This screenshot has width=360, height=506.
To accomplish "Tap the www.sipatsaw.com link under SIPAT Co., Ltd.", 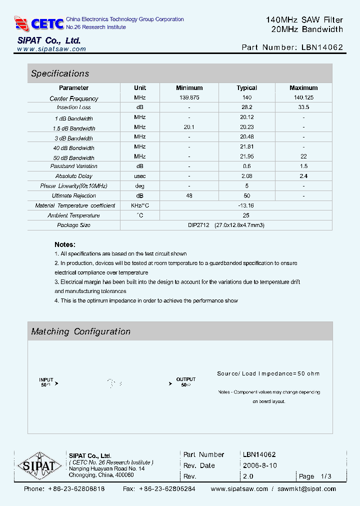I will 51,49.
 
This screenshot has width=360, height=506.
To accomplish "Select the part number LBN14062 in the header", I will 322,47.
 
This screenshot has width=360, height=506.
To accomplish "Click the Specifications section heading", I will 60,73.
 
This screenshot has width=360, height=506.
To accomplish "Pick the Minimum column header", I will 189,88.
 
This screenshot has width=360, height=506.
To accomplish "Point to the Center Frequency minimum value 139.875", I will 189,98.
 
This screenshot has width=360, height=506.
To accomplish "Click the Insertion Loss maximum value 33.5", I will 303,107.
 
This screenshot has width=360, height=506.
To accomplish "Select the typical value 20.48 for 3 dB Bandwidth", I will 246,137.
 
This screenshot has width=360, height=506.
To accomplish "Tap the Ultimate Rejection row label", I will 74,196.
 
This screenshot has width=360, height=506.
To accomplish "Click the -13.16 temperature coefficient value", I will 246,205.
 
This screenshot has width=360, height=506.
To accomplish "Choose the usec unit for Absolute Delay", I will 140,176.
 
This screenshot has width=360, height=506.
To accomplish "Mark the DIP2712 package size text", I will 198,225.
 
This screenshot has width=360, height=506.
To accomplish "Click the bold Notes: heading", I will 65,244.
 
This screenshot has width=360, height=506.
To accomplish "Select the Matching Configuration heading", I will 80,331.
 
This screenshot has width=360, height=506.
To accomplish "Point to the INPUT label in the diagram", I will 46,379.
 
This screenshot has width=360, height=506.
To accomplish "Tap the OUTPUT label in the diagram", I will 186,379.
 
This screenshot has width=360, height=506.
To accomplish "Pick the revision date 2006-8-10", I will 259,465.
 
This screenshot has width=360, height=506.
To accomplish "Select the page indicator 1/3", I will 326,476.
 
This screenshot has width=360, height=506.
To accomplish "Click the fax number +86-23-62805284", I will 167,489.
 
